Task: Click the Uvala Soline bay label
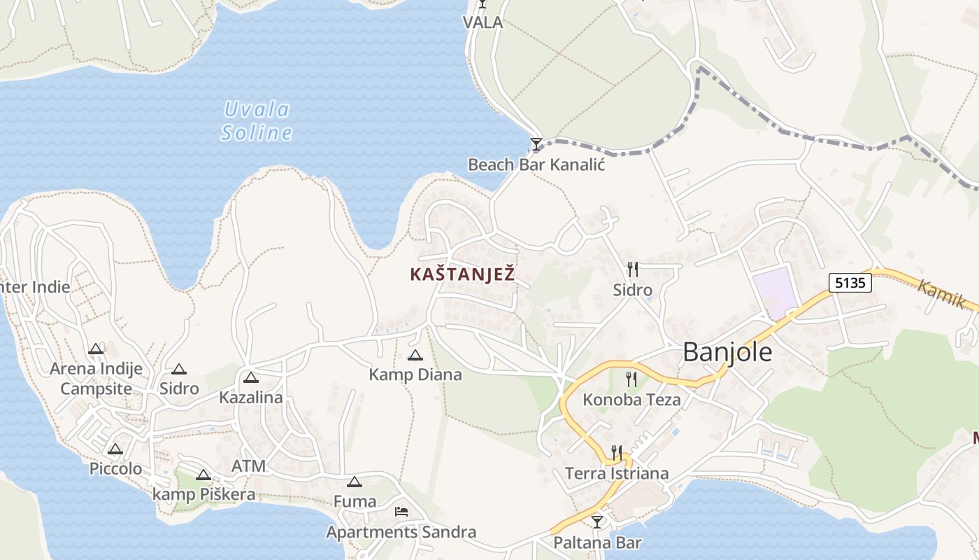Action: (257, 121)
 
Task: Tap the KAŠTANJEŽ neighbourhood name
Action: (462, 274)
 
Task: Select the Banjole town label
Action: (727, 351)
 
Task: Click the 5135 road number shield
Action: (850, 283)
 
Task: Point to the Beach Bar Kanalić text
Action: (536, 165)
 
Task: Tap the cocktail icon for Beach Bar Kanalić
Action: (536, 144)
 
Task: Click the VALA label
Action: (483, 22)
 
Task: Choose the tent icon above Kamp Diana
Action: (415, 356)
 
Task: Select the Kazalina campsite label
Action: (251, 398)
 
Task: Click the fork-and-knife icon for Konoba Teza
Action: (631, 379)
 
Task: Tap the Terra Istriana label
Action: (617, 473)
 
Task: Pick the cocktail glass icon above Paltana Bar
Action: (596, 521)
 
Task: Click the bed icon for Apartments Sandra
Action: (401, 512)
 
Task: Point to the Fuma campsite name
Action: (355, 501)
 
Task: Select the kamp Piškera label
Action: (203, 495)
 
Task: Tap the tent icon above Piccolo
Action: (115, 449)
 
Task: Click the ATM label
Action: (248, 466)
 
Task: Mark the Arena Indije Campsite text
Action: (96, 378)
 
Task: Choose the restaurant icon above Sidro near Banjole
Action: (632, 269)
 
